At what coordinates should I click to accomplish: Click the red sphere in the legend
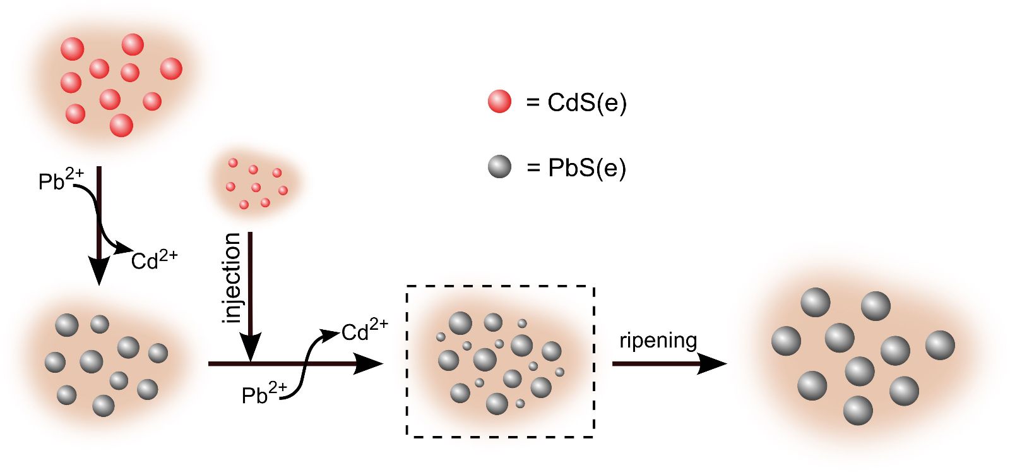click(x=499, y=101)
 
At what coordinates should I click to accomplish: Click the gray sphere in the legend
click(x=499, y=166)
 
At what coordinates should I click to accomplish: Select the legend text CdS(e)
click(x=586, y=102)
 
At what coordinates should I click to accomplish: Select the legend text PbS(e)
click(x=586, y=168)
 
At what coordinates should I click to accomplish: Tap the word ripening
click(x=658, y=341)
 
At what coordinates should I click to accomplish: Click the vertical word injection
click(x=232, y=278)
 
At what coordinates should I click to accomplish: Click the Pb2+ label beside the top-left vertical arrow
click(x=61, y=180)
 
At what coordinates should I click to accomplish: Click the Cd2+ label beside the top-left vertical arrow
click(x=154, y=259)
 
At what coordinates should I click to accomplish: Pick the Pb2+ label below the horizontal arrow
click(x=264, y=394)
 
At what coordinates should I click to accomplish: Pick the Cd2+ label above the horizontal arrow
click(x=365, y=330)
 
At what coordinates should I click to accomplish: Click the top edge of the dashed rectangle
click(x=500, y=286)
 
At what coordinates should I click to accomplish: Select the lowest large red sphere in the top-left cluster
click(x=121, y=125)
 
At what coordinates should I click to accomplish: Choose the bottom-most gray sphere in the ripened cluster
click(x=858, y=411)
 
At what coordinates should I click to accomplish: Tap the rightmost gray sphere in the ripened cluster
click(x=940, y=345)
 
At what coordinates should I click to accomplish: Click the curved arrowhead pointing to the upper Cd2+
click(x=331, y=332)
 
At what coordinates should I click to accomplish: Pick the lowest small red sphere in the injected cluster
click(x=244, y=205)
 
